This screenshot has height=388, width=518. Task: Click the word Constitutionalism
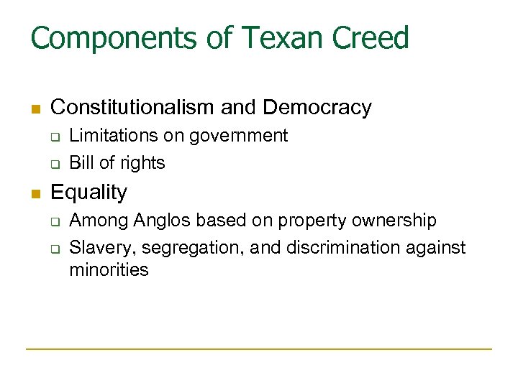(132, 108)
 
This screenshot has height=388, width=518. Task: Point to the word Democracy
(317, 108)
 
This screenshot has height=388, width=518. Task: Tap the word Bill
(81, 163)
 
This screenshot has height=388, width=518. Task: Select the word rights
(142, 164)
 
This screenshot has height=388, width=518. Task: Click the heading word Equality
(88, 193)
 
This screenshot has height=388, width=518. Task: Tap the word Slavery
(100, 249)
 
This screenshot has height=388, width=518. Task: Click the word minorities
(109, 270)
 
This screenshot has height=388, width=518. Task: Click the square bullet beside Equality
(33, 193)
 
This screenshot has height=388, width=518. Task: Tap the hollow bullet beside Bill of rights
(53, 164)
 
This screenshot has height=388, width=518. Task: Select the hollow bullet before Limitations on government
(53, 137)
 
